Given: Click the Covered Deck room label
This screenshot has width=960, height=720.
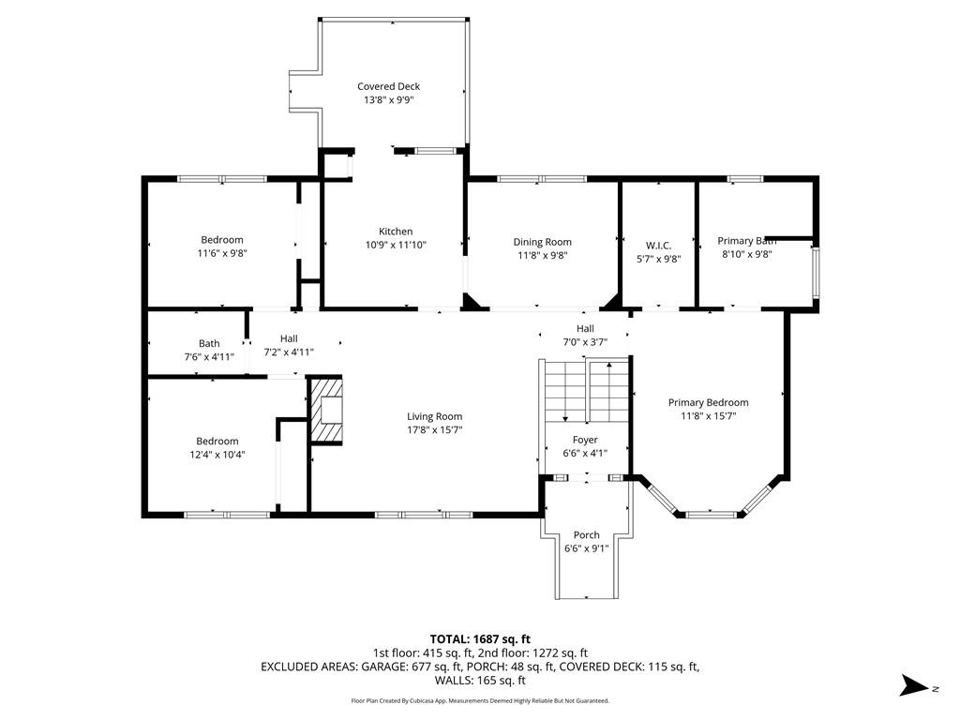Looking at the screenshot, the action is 389,86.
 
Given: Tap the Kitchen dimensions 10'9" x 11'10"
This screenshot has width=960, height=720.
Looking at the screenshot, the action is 396,245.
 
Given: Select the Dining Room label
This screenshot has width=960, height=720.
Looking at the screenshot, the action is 543,242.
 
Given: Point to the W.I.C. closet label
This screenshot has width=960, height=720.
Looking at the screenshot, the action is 659,246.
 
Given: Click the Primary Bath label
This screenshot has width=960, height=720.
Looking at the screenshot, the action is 747,241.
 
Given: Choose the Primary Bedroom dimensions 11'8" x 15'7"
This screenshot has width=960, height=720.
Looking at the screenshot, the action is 709,416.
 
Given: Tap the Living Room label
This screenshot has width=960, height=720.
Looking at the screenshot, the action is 435,416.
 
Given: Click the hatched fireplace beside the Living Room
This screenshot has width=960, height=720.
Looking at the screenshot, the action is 327,410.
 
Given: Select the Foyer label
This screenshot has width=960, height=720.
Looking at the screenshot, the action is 585,440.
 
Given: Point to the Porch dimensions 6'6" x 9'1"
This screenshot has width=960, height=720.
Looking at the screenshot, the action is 587,548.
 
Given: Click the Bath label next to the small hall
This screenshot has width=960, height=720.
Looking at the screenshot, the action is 209,343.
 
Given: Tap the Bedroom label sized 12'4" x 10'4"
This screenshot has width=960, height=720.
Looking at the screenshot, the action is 217,441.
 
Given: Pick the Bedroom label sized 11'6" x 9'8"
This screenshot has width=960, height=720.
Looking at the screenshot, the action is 222,240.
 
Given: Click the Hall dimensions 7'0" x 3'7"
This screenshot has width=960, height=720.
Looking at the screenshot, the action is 585,342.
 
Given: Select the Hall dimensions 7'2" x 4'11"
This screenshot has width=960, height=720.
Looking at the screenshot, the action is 289,352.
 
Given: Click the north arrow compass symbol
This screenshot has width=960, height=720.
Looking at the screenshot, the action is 915,685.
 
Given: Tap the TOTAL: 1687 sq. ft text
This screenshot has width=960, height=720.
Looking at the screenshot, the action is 480,639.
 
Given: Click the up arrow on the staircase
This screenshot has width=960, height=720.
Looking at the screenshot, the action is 609,392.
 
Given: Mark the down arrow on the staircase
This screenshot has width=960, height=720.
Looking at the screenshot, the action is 565,392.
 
